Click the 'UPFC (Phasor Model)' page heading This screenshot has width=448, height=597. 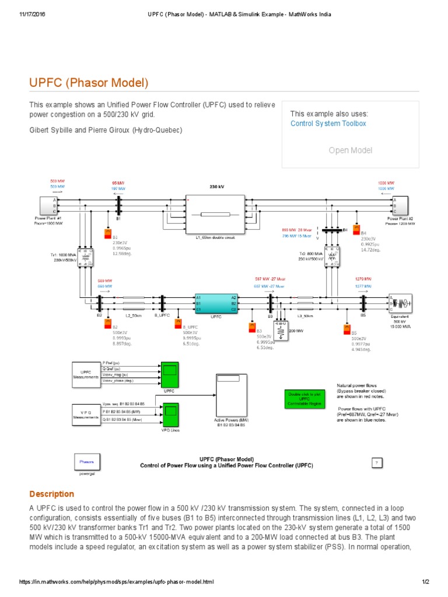(89, 83)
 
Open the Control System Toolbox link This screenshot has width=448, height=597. (328, 123)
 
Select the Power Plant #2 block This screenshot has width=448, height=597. (400, 205)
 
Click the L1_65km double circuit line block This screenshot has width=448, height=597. (215, 214)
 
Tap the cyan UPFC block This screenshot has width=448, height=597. (216, 304)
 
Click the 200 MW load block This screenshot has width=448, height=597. (281, 332)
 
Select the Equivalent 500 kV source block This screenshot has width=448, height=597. (400, 303)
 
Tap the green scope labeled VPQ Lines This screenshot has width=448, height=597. (170, 415)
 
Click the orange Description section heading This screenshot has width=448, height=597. (52, 494)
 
